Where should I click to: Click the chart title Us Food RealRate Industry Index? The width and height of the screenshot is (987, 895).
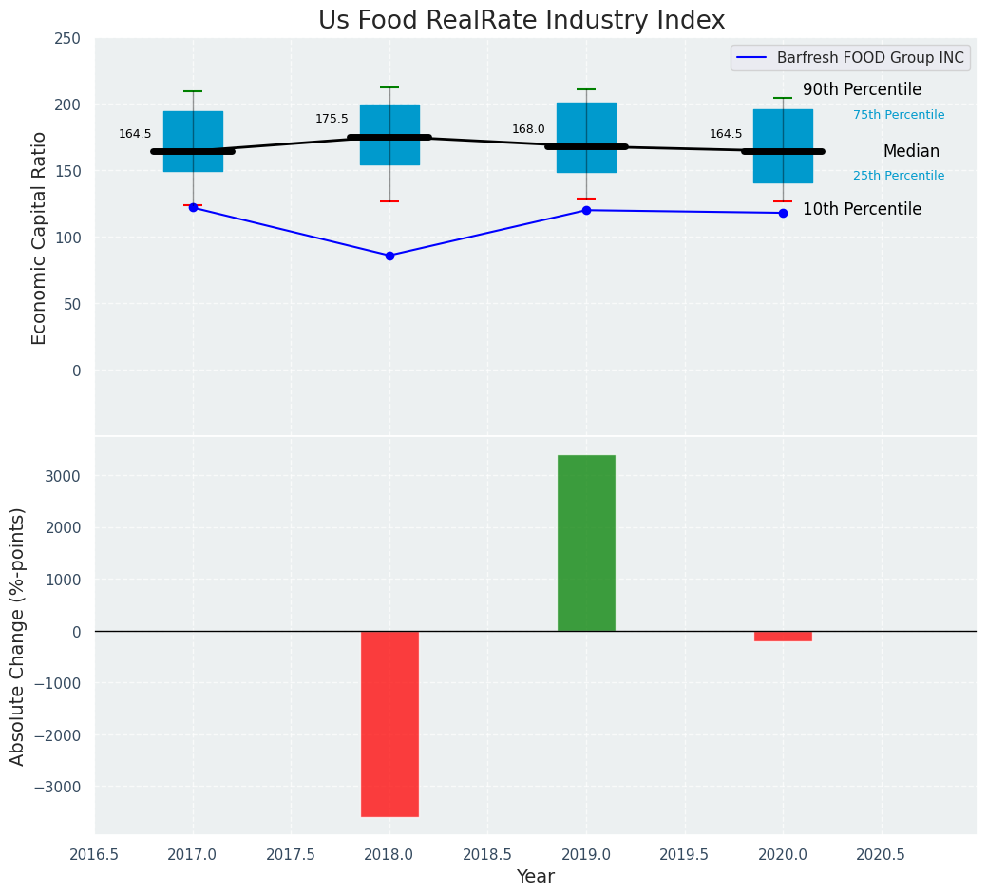coord(522,21)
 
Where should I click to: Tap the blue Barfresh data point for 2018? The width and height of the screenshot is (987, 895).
coord(389,256)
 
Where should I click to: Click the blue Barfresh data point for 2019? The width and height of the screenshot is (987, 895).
coord(586,210)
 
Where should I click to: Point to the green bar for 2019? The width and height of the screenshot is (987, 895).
coord(586,543)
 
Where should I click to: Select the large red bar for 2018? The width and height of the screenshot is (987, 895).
coord(389,723)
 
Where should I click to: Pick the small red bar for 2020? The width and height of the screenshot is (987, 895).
coord(783,636)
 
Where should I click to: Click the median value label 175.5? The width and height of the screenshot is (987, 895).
coord(332,119)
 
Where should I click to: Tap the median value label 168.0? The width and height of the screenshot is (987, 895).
coord(528,129)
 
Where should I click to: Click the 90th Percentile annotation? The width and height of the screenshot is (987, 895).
coord(862,90)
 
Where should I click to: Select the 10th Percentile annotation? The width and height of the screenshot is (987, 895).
coord(862,210)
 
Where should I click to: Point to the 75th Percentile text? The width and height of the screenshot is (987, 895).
coord(898,115)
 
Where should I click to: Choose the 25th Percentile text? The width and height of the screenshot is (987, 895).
coord(898,176)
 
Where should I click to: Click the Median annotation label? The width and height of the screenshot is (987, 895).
coord(910,152)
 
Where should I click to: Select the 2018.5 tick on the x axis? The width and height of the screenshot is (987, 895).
coord(487,855)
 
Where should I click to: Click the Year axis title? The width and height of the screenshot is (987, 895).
coord(535,877)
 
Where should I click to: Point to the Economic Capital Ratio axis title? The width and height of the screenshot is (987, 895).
coord(40,238)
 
